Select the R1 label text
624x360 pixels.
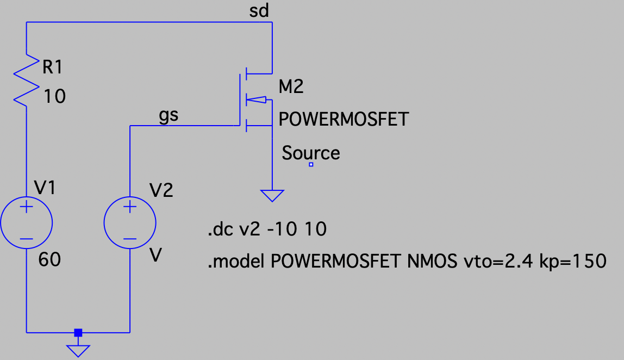(52, 67)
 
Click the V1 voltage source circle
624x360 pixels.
(26, 224)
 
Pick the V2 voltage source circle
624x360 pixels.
(130, 224)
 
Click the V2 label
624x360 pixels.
(161, 190)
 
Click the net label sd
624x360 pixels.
(259, 11)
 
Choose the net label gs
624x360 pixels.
(168, 116)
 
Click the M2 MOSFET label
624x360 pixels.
(291, 87)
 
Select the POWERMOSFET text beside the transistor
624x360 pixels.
(343, 119)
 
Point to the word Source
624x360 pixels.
(310, 153)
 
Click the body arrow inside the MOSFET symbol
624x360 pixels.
(257, 100)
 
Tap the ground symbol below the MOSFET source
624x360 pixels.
(272, 195)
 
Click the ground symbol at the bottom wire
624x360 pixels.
(78, 351)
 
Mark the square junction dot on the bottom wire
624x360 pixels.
(78, 332)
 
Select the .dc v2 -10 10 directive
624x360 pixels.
(267, 230)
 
